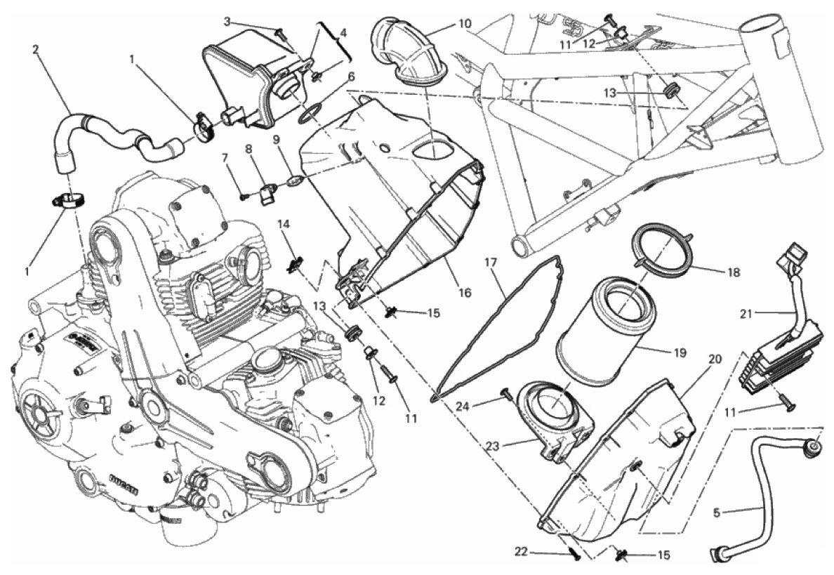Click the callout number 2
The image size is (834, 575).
(x=36, y=49)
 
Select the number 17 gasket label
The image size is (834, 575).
(x=491, y=262)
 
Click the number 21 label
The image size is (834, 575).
(x=747, y=314)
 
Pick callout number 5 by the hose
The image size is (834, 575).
(x=717, y=513)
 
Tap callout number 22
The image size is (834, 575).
(x=521, y=552)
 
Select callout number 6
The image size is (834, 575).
(x=350, y=77)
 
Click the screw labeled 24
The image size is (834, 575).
(x=506, y=395)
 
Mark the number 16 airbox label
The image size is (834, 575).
(x=464, y=293)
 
